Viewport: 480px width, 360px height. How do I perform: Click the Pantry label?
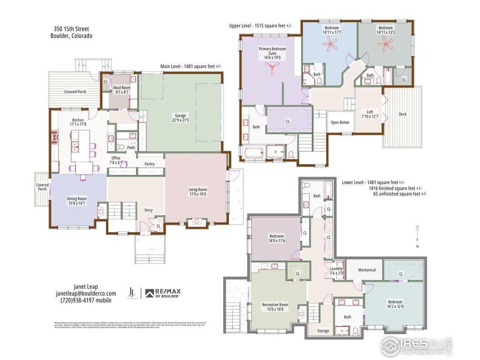[150, 164]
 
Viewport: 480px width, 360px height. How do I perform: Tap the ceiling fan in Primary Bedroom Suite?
[272, 66]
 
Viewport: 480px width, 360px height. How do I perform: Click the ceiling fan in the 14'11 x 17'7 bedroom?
[330, 45]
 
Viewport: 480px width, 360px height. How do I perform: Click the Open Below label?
[340, 122]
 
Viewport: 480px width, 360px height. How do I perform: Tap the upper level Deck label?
[402, 114]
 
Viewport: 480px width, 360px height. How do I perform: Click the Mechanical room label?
[367, 270]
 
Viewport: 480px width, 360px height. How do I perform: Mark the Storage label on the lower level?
[323, 330]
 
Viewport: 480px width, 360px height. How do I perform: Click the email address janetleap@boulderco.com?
[86, 294]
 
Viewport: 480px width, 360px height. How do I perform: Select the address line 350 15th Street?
[71, 29]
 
